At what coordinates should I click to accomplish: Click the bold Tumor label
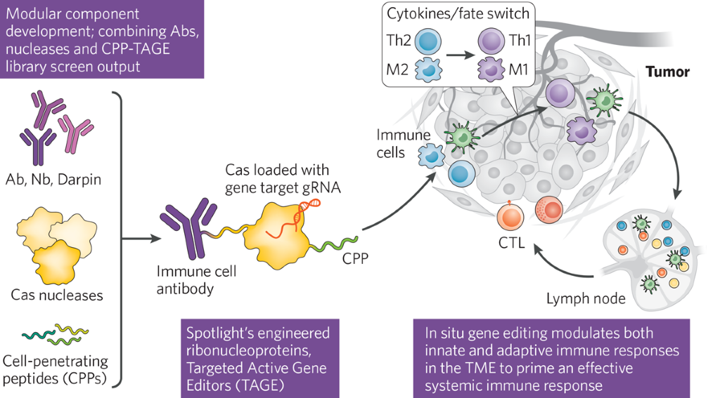click(667, 72)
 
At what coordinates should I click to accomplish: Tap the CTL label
click(512, 244)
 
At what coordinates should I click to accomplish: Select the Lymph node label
click(586, 299)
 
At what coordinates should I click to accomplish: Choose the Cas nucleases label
click(57, 295)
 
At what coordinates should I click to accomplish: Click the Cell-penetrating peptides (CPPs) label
click(55, 370)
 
